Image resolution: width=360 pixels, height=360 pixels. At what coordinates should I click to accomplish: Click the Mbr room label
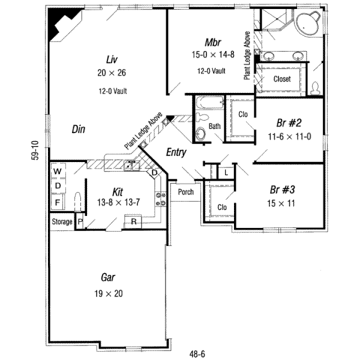(213, 43)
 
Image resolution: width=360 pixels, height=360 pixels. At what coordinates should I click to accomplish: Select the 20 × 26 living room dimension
(110, 73)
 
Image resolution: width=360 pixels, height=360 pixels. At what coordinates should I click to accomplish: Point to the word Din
(78, 128)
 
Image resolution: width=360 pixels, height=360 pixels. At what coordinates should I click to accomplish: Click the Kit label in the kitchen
(118, 192)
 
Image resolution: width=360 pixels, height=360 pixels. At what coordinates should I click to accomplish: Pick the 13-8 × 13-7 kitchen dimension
(118, 202)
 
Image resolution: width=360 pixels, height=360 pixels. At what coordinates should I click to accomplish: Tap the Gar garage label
(109, 278)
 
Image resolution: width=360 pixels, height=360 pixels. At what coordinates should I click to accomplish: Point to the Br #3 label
(281, 190)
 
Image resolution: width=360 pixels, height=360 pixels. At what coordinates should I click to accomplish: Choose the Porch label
(185, 193)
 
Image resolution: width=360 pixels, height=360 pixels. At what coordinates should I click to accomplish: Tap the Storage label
(61, 222)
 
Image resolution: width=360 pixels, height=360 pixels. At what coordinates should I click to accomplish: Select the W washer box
(58, 172)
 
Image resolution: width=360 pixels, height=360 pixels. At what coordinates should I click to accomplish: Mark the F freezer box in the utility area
(58, 202)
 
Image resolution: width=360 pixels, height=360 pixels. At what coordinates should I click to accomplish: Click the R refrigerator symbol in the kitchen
(133, 222)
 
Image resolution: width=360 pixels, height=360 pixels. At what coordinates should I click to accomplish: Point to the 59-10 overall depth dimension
(37, 151)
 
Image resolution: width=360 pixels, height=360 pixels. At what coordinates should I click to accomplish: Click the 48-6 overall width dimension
(194, 354)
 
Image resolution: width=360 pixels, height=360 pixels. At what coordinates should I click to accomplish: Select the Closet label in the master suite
(282, 79)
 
